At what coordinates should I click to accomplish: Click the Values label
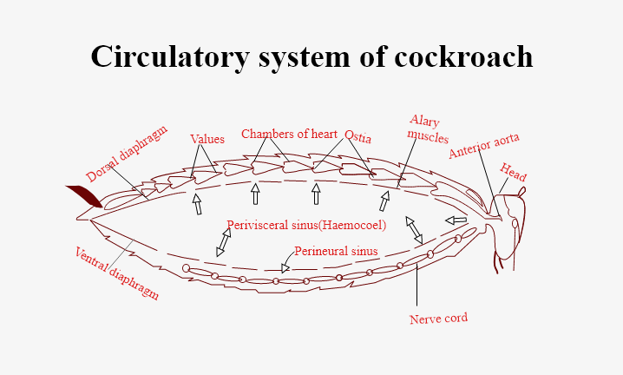pos(207,139)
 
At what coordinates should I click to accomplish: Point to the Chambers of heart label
pos(289,134)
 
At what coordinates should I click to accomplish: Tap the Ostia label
pos(358,135)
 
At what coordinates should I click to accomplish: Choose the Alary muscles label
pos(427,128)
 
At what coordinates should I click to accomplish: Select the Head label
pos(513,172)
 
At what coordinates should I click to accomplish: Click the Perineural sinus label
pos(336,252)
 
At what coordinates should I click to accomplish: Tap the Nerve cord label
pos(438,318)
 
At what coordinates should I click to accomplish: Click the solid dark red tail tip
pos(84,195)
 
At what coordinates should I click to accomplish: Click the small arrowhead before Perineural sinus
pos(285,268)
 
